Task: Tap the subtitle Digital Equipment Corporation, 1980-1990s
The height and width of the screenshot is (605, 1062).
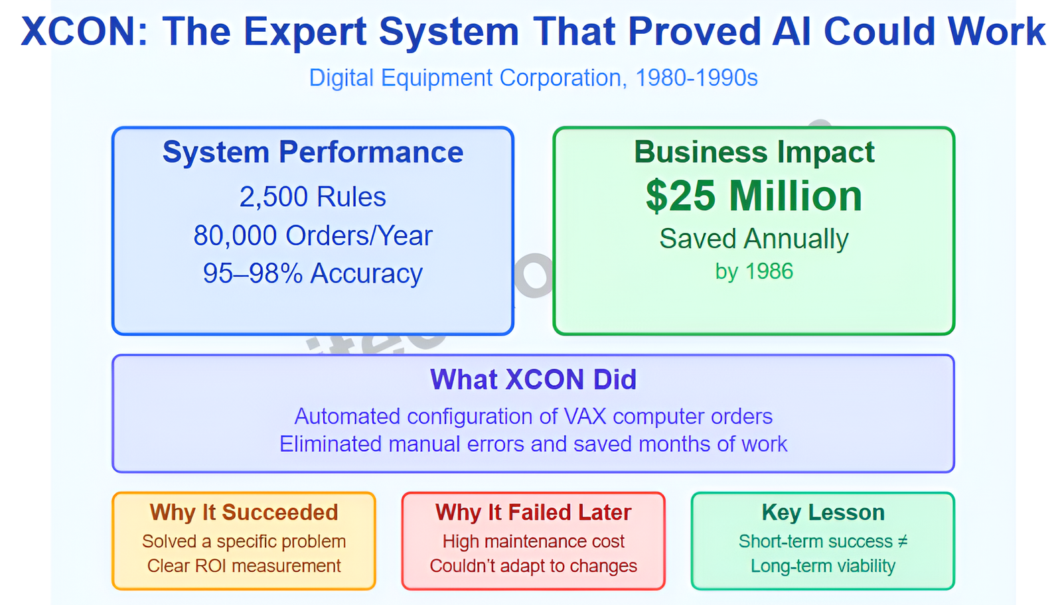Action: pyautogui.click(x=534, y=78)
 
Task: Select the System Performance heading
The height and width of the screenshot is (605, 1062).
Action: pyautogui.click(x=313, y=152)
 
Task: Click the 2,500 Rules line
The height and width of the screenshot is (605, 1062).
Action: pyautogui.click(x=313, y=196)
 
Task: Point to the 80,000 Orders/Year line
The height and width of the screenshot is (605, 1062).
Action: pyautogui.click(x=313, y=235)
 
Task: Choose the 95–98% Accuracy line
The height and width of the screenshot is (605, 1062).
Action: pyautogui.click(x=313, y=274)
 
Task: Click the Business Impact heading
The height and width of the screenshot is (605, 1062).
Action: pyautogui.click(x=754, y=152)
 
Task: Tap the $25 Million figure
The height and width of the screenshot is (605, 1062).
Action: pyautogui.click(x=754, y=196)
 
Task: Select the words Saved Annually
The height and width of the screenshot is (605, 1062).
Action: pyautogui.click(x=754, y=239)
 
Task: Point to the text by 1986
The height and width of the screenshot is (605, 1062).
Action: pyautogui.click(x=754, y=271)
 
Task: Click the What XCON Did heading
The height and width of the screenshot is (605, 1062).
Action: pyautogui.click(x=534, y=379)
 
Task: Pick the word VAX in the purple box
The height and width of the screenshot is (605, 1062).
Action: pyautogui.click(x=585, y=417)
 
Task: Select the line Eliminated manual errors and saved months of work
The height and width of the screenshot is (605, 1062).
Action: pyautogui.click(x=534, y=444)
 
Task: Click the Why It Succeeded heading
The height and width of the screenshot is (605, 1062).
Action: pyautogui.click(x=244, y=513)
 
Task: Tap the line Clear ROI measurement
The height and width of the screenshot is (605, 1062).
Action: pyautogui.click(x=244, y=566)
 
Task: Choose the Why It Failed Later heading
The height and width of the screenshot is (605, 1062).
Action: pyautogui.click(x=534, y=513)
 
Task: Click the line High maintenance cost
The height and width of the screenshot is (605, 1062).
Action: pyautogui.click(x=534, y=541)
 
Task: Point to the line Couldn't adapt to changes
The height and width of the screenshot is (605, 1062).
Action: pyautogui.click(x=534, y=566)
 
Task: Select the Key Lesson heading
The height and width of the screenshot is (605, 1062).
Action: pyautogui.click(x=823, y=513)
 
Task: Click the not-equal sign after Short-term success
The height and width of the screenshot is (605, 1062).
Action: pyautogui.click(x=902, y=541)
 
